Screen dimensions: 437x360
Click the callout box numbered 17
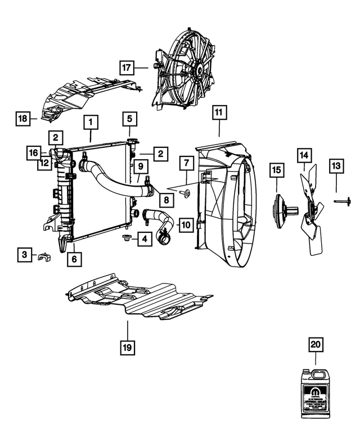pos(127,67)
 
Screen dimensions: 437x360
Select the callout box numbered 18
pos(22,119)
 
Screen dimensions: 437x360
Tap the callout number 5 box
pos(129,119)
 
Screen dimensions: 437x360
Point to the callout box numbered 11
pos(218,112)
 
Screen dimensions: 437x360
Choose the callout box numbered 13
pos(336,165)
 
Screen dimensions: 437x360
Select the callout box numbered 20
pos(315,344)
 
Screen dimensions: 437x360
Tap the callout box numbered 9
pos(140,166)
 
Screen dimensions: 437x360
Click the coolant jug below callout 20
pos(316,394)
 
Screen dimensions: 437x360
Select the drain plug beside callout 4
pos(125,240)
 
